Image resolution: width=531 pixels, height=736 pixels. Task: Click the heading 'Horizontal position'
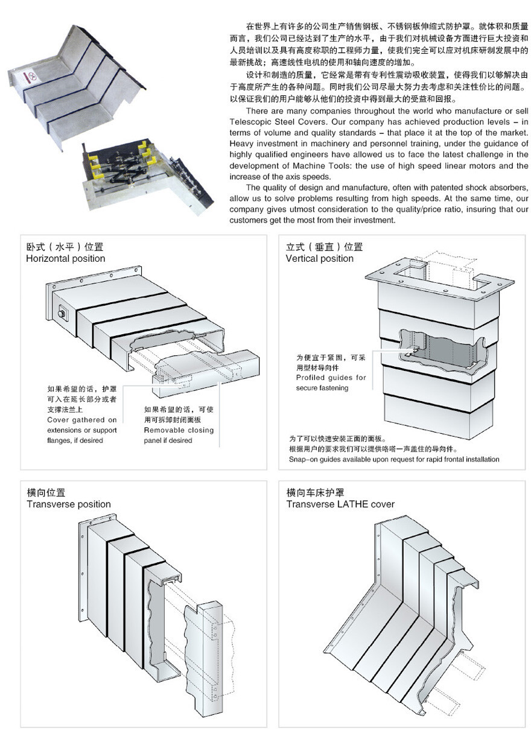[x=65, y=259]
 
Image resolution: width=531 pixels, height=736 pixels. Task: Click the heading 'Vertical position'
[x=319, y=259]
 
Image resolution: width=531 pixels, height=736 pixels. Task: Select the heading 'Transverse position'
[x=68, y=504]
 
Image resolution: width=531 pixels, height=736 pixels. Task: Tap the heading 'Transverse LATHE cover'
[x=340, y=504]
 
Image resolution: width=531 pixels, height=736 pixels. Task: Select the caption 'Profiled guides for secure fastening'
[x=331, y=382]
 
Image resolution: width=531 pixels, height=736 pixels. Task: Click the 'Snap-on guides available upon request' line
[x=394, y=459]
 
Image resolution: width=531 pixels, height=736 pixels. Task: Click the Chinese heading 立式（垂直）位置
[x=324, y=247]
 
